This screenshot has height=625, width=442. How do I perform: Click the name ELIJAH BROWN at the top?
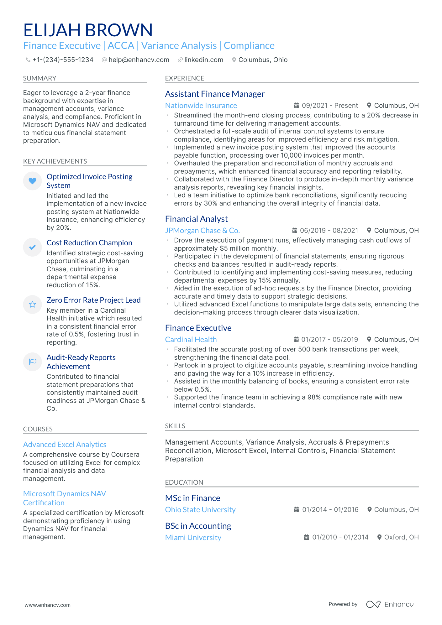88,30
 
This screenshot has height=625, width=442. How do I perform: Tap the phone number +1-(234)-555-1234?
63,60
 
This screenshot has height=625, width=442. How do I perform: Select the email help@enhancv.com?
139,60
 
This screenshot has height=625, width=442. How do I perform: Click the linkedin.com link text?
204,60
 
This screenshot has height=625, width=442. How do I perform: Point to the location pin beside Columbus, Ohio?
234,60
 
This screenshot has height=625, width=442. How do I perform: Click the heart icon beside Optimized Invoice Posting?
32,181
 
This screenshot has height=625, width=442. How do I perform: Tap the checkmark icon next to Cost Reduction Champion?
32,247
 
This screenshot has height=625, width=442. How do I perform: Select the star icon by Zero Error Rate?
32,305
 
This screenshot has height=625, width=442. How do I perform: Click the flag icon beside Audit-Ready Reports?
32,362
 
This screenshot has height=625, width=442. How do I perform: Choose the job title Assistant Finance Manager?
215,94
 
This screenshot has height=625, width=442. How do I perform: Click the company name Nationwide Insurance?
201,106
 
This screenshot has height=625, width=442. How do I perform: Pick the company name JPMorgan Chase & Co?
202,231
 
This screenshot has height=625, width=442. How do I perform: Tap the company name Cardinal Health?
191,340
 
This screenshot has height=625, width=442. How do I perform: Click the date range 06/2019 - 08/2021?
329,231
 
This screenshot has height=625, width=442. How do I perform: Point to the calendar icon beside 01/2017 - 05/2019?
296,339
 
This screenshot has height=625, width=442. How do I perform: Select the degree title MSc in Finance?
192,498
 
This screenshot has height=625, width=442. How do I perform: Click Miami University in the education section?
193,538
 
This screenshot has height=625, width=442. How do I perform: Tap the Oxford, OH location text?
401,537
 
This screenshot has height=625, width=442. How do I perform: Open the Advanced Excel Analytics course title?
65,445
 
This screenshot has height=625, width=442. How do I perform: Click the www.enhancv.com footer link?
48,605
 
